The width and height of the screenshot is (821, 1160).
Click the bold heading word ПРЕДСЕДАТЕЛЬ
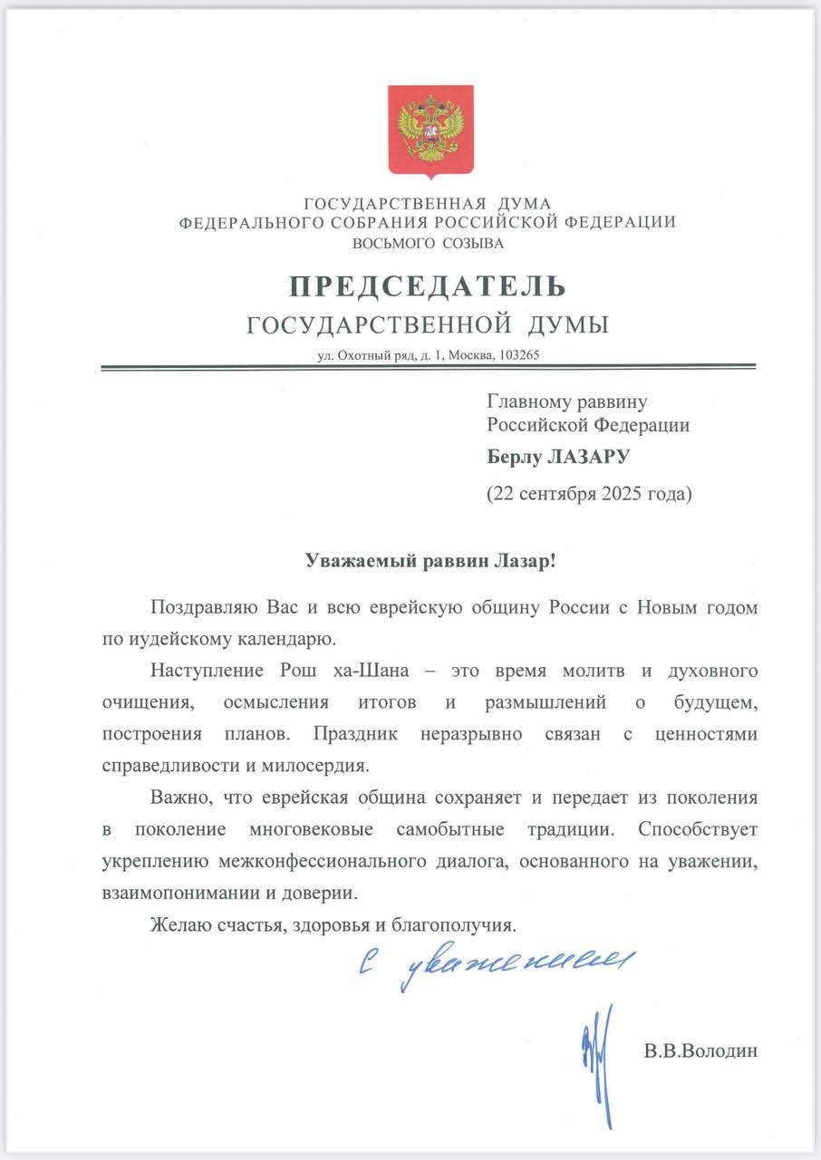click(x=427, y=287)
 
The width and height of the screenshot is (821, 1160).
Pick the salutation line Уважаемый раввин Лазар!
click(x=427, y=561)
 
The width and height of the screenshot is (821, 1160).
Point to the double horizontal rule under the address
click(x=427, y=367)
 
